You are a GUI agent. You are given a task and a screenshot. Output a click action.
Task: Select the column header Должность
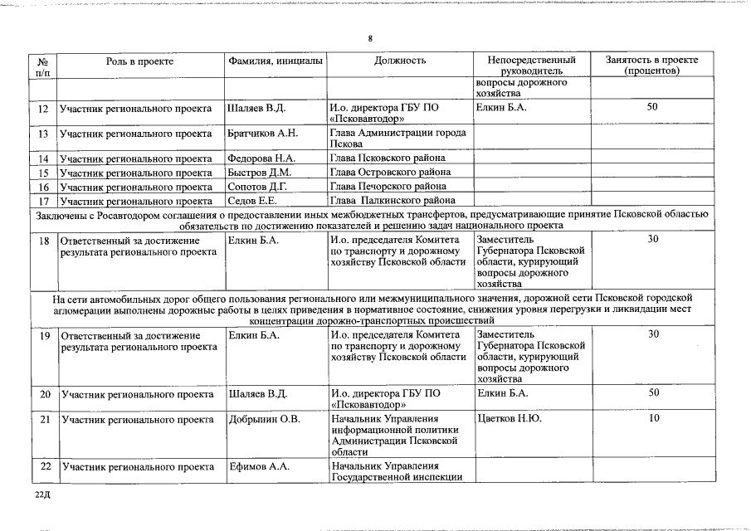pos(400,61)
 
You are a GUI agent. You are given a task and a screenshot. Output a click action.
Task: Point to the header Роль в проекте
pos(140,61)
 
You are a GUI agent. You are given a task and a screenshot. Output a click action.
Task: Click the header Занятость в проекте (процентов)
pos(651,66)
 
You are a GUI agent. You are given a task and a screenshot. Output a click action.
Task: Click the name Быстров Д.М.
pos(259,173)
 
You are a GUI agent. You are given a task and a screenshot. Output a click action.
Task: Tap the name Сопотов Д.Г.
pos(257,187)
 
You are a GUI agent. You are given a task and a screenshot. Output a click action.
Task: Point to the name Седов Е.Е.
pos(251,201)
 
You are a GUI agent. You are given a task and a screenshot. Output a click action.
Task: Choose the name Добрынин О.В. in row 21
pos(264,418)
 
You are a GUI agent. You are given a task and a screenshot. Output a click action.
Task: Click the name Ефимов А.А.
pos(258,466)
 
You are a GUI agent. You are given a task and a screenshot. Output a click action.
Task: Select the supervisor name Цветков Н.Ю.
pos(510,418)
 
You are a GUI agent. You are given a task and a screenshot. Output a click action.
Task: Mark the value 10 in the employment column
pos(653,418)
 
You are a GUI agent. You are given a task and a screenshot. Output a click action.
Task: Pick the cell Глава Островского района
pos(388,173)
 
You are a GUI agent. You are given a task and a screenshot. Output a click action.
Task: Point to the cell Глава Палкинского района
pos(393,201)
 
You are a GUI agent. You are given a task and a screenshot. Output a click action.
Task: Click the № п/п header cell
pos(43,66)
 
